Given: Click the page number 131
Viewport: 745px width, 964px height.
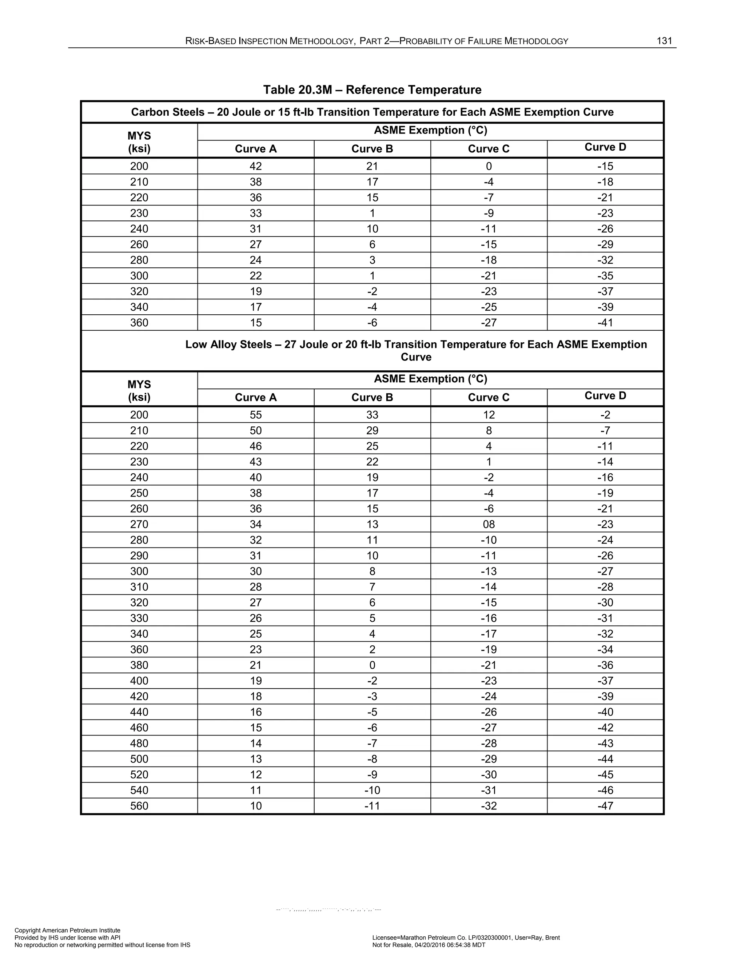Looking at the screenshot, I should (664, 41).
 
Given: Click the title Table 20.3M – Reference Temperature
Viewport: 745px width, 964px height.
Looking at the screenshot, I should (372, 90).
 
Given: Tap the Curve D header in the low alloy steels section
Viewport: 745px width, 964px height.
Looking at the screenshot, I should (605, 395).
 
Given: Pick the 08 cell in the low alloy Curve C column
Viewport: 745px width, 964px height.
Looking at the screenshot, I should (489, 524).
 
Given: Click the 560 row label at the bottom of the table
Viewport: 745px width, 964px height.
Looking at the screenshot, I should (139, 806).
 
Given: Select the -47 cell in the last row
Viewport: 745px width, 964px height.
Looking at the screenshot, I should (605, 806).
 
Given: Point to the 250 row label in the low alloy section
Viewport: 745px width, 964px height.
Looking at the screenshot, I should (139, 493).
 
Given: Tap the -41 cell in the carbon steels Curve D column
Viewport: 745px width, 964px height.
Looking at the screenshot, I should (605, 323).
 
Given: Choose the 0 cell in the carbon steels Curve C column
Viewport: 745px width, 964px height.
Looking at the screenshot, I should (489, 166).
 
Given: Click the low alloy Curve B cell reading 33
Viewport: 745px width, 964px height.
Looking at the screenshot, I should (372, 415).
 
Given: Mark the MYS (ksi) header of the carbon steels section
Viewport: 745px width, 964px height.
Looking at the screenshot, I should (139, 142).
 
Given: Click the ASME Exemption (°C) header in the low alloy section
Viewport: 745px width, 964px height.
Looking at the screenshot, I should (430, 379).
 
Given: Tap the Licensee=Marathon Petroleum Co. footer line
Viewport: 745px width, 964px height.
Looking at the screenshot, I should (466, 937).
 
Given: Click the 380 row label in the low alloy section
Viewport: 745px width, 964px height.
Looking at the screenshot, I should (139, 665).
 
